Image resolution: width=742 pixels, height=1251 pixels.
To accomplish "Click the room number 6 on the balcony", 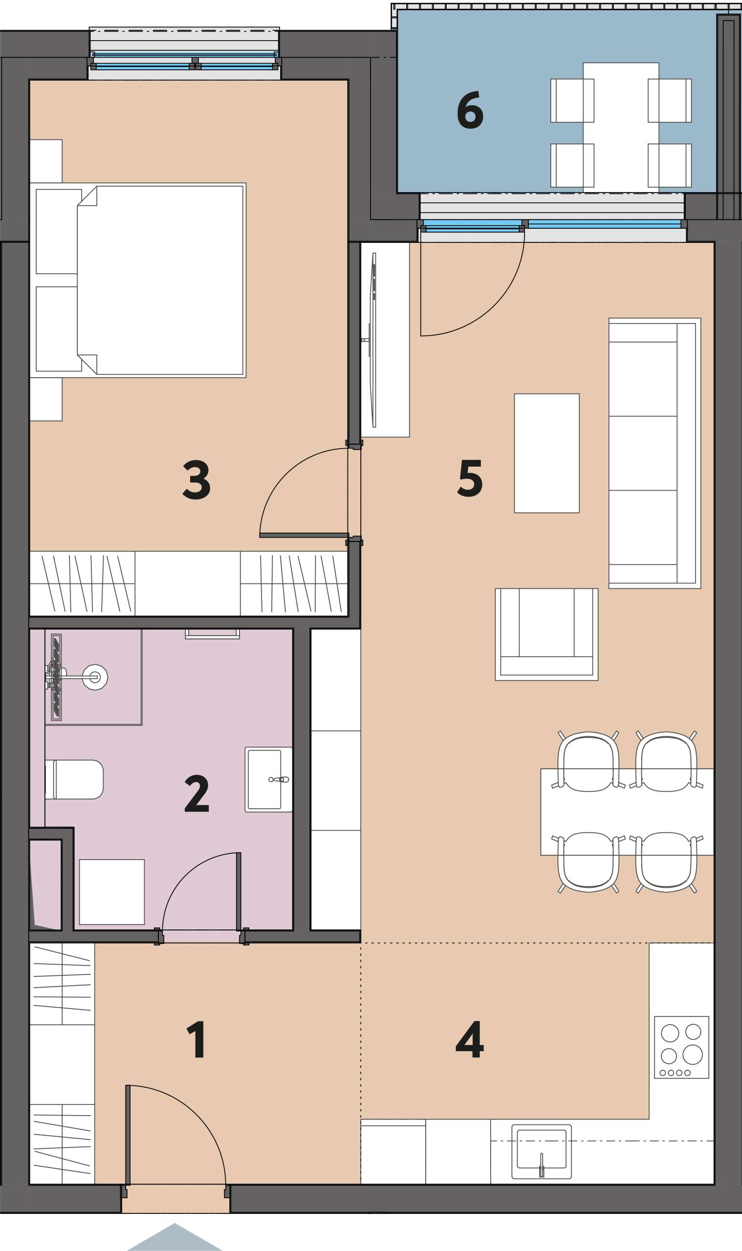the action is click(x=470, y=110).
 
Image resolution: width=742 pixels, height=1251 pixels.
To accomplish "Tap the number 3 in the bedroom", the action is click(x=196, y=480).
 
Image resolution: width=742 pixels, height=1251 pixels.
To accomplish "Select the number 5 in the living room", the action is click(x=470, y=479).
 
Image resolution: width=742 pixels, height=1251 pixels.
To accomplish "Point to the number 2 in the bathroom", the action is click(x=196, y=794).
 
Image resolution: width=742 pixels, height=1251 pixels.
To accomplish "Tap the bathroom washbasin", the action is click(x=268, y=779).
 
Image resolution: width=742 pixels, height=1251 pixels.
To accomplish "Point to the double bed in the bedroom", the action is click(x=138, y=280).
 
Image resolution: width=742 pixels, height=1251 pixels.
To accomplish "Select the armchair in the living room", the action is click(x=546, y=634).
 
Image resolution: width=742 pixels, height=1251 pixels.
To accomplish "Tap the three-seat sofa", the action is click(x=655, y=453).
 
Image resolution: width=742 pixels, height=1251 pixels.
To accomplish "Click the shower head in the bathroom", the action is click(x=95, y=677).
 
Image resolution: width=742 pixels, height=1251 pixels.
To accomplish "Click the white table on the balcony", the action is click(x=620, y=128).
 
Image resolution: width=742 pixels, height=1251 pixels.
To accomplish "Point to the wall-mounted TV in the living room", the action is click(x=373, y=340).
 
